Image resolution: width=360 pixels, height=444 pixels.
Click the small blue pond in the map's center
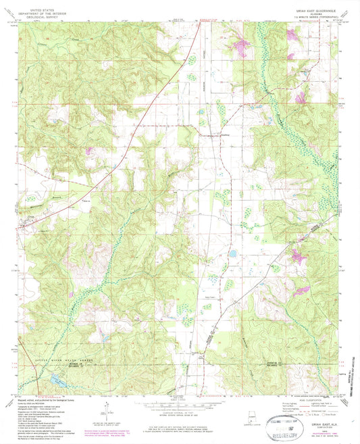click(x=232, y=255)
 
